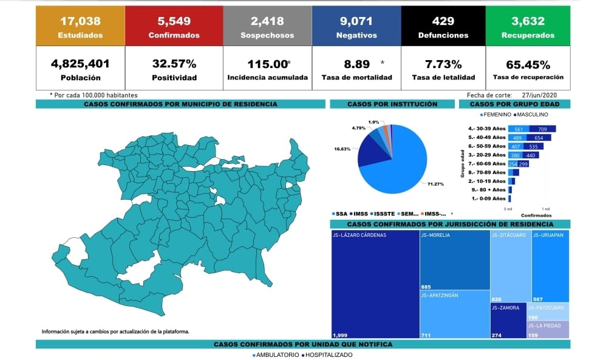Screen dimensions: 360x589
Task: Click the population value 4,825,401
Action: [80, 64]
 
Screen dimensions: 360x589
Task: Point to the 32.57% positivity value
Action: [174, 64]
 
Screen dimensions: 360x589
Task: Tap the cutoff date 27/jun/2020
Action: [539, 95]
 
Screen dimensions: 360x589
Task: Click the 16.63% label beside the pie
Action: [342, 148]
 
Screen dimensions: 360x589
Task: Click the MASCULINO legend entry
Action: [533, 114]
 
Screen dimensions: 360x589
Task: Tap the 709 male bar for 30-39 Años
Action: [542, 129]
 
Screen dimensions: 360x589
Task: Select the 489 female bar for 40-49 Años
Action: [519, 138]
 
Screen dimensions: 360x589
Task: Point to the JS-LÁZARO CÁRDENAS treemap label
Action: [359, 235]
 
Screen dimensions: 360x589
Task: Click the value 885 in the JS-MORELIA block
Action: [427, 287]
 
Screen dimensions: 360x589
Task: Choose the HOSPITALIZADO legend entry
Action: [329, 355]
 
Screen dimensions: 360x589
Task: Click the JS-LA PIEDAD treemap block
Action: [548, 328]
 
